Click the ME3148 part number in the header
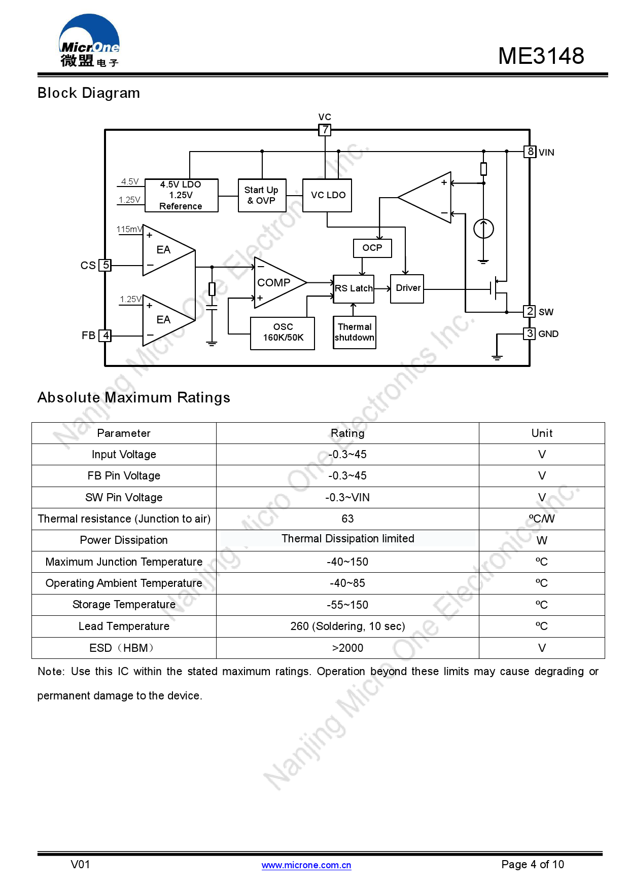541,56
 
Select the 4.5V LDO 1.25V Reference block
181,196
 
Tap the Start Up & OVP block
262,196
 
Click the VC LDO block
327,196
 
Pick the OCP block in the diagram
372,248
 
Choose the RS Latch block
354,289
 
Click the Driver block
407,288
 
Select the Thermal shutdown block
355,332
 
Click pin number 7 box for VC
325,130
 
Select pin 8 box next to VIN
530,152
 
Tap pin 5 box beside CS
105,265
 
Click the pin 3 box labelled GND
530,334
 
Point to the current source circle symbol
483,229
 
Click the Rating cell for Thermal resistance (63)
347,519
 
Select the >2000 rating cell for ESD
347,648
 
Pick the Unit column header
542,433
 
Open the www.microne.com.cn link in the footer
306,865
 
